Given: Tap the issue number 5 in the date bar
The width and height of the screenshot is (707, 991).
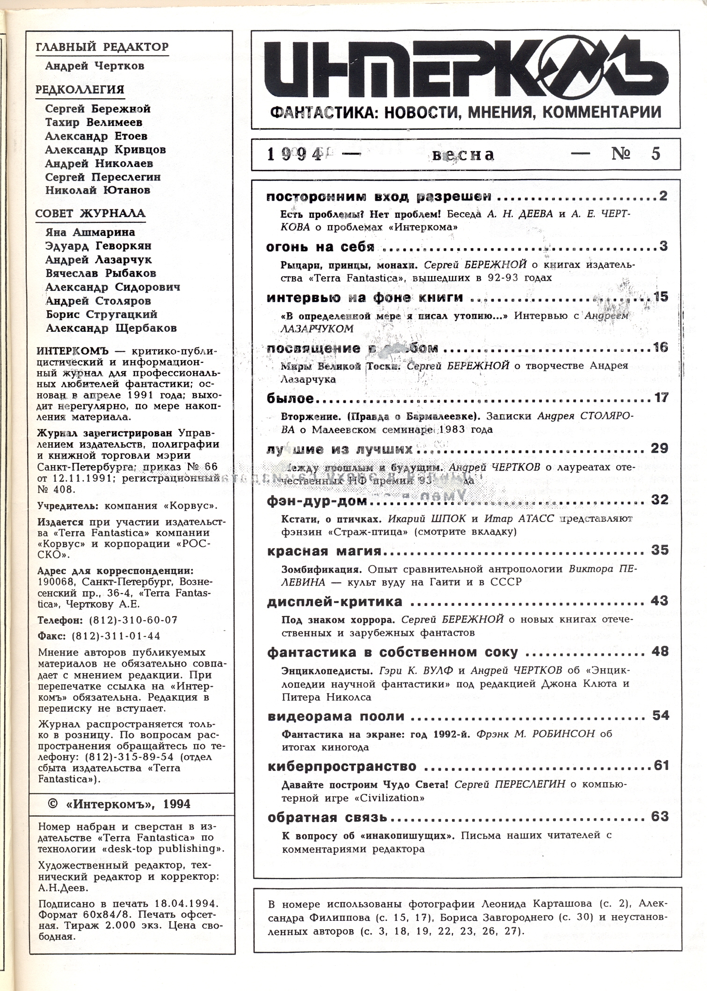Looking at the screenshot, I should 656,154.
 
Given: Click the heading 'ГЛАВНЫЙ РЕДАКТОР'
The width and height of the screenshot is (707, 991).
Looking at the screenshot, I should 102,47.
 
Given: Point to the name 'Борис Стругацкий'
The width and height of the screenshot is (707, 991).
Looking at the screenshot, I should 102,315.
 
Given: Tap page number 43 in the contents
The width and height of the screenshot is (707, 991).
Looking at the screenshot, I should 659,601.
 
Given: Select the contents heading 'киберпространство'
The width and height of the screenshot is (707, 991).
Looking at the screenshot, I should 342,766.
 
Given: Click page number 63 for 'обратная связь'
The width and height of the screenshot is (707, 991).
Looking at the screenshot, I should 660,817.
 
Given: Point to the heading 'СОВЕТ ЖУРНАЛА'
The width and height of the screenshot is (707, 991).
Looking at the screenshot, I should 90,214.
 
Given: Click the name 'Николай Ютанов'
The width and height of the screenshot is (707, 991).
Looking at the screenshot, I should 98,191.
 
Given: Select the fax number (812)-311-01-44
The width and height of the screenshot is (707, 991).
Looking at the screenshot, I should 116,636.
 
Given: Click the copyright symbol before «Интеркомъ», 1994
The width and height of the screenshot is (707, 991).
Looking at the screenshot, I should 53,804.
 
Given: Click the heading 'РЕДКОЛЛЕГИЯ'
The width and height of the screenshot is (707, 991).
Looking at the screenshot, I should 80,90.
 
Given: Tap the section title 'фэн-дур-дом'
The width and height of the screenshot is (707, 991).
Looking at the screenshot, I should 317,501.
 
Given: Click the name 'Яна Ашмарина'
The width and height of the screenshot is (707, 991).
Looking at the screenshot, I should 90,232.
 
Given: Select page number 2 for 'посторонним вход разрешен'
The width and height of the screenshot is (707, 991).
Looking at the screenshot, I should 663,196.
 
